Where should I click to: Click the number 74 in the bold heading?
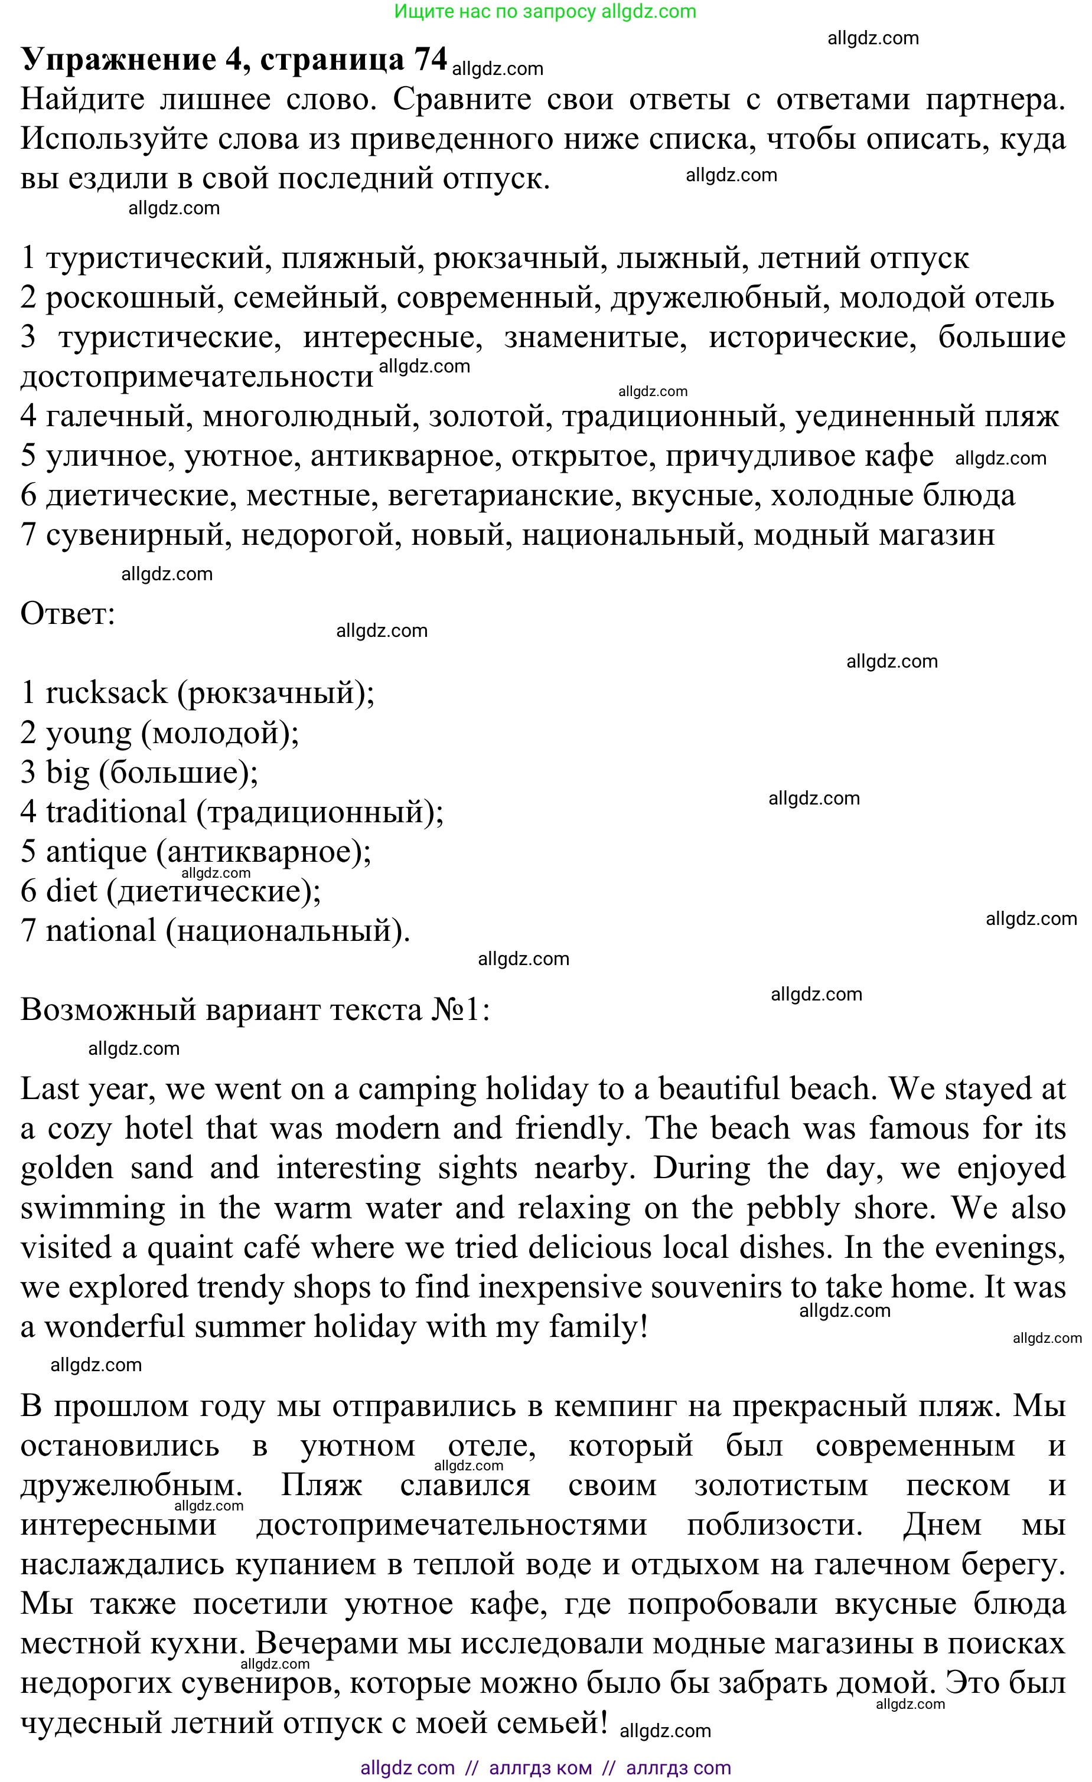[x=430, y=59]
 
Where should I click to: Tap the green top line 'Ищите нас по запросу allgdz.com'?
[x=545, y=12]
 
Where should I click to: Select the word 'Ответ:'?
[x=68, y=614]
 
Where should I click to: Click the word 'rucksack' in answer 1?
[x=106, y=694]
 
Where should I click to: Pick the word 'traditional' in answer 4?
[x=116, y=812]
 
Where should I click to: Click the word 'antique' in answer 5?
[x=96, y=852]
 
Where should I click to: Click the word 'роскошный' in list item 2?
[x=135, y=298]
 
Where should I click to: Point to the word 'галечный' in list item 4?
[x=119, y=417]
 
